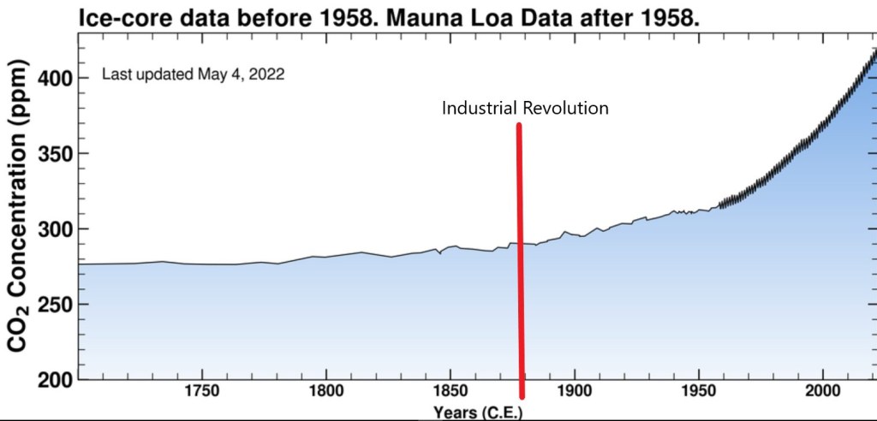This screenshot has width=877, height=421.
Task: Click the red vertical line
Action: click(520, 257)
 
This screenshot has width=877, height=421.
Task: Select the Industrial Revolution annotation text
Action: click(524, 109)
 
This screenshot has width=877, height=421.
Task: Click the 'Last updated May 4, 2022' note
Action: click(193, 74)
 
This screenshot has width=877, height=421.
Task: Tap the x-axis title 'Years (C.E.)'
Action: click(478, 413)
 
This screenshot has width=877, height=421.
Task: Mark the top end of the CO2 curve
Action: click(874, 50)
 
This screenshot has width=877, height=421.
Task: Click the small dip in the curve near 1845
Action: click(440, 253)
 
